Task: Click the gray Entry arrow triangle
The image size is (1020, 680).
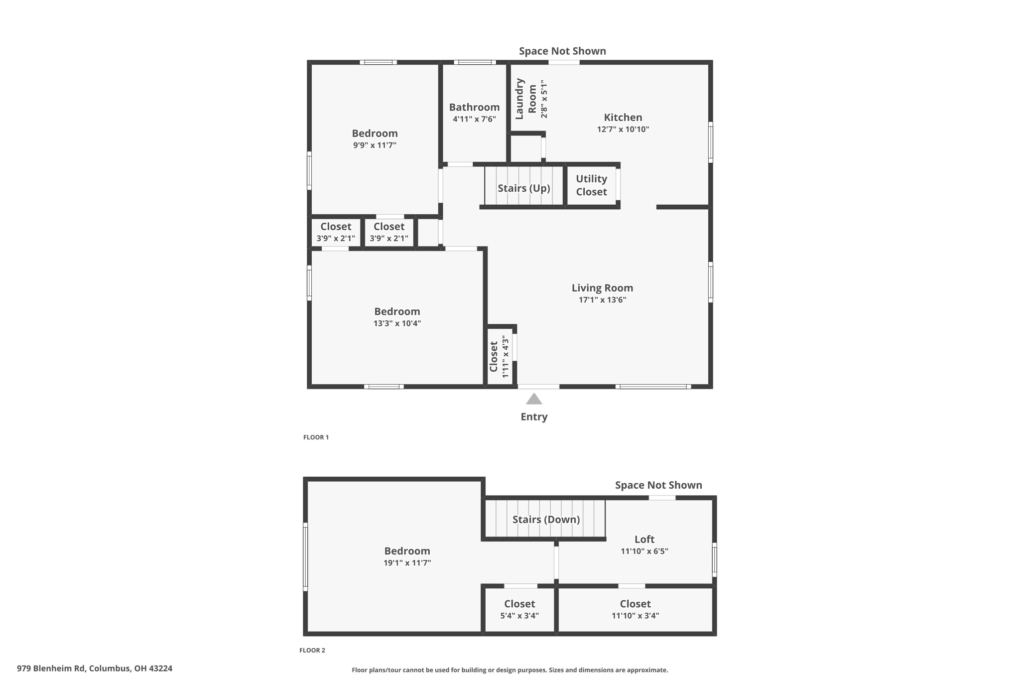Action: [x=534, y=399]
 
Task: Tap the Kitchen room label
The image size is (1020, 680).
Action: [x=623, y=118]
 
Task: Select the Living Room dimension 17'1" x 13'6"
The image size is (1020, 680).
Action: [x=602, y=300]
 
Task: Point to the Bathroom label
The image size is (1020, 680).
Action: [x=474, y=107]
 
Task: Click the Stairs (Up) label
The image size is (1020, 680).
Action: [x=524, y=188]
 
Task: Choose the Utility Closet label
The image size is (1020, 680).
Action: [x=591, y=185]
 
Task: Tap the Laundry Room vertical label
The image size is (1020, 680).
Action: [x=525, y=99]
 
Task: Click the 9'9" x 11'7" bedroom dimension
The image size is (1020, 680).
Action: [x=375, y=145]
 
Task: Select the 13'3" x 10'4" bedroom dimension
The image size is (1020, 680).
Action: [x=397, y=323]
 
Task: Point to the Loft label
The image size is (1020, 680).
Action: [x=644, y=540]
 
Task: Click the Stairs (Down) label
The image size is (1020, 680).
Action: [x=546, y=520]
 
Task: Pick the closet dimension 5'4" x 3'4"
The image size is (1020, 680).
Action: [x=519, y=616]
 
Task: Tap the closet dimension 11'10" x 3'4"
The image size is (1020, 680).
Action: [x=635, y=616]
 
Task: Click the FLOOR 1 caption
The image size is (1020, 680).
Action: [x=316, y=437]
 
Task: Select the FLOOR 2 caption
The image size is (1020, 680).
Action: [x=312, y=650]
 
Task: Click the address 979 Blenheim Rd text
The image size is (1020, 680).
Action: [x=95, y=669]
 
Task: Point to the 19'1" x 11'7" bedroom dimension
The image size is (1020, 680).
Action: [x=407, y=563]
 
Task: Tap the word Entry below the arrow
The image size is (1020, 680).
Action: [x=534, y=417]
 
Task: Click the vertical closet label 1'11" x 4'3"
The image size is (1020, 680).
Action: [x=505, y=356]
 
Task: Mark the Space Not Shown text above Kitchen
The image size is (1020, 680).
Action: [x=562, y=51]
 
